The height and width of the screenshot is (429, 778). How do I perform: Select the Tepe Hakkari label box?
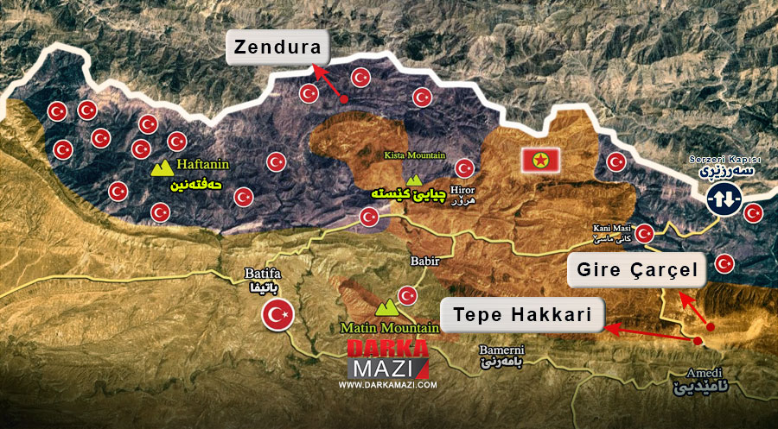coord(521,316)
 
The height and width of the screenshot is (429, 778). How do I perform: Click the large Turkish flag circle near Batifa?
coord(278,316)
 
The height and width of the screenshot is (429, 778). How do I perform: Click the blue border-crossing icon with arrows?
coord(723,200)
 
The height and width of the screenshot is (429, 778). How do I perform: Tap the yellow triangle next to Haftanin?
coord(162,168)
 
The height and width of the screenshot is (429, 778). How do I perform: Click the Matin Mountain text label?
coord(389,328)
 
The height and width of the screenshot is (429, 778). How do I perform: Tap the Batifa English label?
coord(258,277)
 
